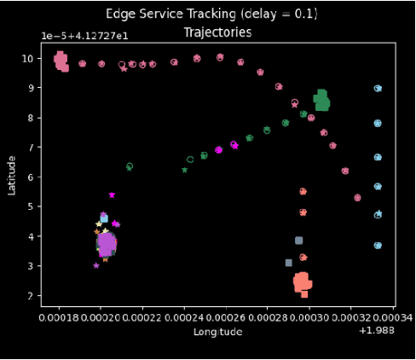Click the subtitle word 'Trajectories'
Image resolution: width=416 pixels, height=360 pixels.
coord(217,32)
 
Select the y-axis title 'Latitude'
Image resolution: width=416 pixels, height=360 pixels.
coord(12,174)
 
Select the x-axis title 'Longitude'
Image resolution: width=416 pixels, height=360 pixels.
coord(217,332)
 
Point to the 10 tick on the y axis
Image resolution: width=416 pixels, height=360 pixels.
coord(27,58)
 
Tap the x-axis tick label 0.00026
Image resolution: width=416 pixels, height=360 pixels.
coord(226,317)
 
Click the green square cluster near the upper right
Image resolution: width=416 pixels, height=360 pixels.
coord(321,101)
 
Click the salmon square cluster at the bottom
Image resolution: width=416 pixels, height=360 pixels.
coord(303,282)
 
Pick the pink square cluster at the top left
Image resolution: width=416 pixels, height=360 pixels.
coord(61,61)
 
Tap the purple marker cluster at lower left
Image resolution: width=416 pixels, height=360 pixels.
coord(106,245)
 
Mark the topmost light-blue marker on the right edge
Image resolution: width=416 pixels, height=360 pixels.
coord(378,88)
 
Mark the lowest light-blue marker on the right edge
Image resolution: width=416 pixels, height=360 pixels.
coord(378,245)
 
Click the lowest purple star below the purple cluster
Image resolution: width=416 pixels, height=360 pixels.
coord(96,265)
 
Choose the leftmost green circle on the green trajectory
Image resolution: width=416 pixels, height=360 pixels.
coord(130,166)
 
